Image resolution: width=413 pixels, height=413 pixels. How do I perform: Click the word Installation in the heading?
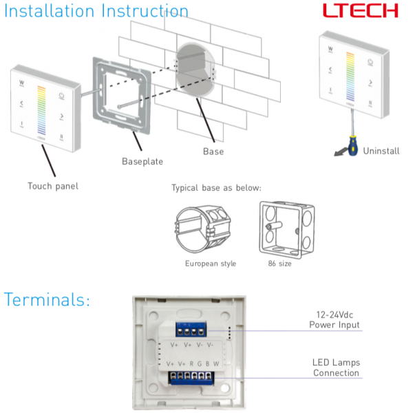[50, 12]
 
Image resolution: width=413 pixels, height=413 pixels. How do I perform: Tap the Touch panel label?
[53, 186]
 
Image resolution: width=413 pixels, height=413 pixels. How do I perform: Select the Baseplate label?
[142, 161]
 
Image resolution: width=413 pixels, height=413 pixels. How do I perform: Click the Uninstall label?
[381, 151]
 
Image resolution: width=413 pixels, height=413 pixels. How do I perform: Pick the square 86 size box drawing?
[284, 228]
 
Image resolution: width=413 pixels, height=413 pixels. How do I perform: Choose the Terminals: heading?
[47, 300]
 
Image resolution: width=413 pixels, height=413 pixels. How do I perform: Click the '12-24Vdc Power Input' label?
[334, 320]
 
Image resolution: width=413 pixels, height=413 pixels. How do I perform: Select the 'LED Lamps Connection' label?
[336, 368]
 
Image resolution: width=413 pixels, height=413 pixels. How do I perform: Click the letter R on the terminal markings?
[191, 363]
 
